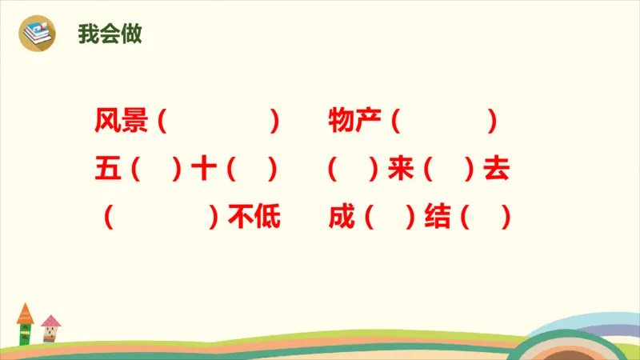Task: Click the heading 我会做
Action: coord(110,34)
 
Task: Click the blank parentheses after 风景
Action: coord(218,122)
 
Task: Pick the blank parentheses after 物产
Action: coord(445,122)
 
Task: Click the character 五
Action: coord(106,170)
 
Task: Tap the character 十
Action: coord(204,170)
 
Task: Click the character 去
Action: coord(497,170)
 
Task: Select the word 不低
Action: coord(254,218)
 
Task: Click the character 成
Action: coord(342,218)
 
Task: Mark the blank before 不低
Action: coord(161,218)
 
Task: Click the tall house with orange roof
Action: coord(25,324)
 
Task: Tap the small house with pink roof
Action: coord(50,328)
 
